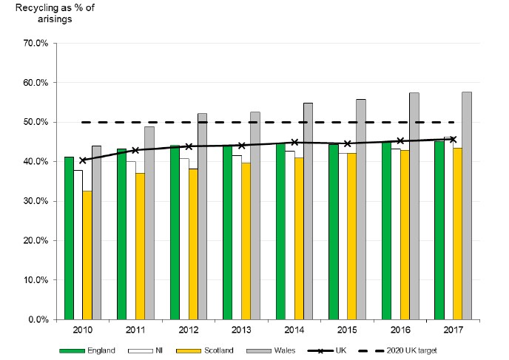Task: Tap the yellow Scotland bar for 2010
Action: tap(87, 255)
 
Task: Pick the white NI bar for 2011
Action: tap(131, 240)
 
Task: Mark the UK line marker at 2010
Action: tap(83, 160)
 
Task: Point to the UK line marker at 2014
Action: tap(294, 142)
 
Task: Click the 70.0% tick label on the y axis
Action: tap(36, 43)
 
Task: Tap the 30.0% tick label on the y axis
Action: tap(36, 201)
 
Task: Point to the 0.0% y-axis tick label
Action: tap(38, 320)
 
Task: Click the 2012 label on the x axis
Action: tap(189, 331)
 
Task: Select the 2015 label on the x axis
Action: tap(348, 331)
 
